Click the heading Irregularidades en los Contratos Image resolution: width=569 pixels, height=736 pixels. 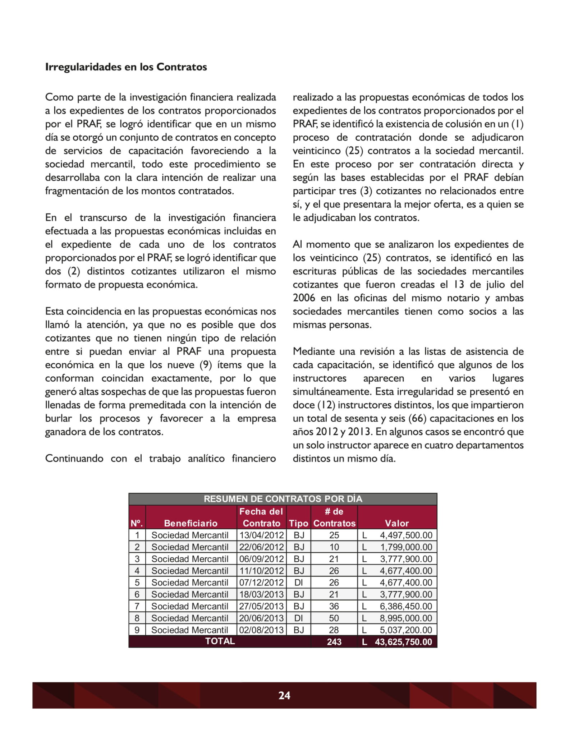click(126, 67)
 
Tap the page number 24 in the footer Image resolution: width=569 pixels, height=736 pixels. click(284, 695)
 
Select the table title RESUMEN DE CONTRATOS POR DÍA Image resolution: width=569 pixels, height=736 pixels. click(283, 499)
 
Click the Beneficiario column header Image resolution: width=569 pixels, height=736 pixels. click(191, 523)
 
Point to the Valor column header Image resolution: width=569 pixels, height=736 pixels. click(397, 523)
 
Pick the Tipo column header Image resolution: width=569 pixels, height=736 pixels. click(298, 523)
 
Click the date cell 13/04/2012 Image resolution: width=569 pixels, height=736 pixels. click(261, 535)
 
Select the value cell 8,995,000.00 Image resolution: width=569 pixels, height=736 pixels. click(406, 618)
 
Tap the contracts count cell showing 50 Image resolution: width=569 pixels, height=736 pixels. click(334, 618)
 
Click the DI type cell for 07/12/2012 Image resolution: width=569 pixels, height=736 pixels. click(298, 583)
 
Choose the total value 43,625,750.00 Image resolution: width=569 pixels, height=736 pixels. click(403, 642)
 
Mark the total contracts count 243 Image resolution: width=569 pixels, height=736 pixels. click(334, 642)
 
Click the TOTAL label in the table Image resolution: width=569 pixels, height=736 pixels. click(220, 641)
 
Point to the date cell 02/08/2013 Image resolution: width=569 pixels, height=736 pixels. click(261, 630)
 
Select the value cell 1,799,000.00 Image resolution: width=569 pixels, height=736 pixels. click(406, 547)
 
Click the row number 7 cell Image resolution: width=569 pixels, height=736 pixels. click(137, 606)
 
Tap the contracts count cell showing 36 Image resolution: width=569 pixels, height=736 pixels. click(334, 606)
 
